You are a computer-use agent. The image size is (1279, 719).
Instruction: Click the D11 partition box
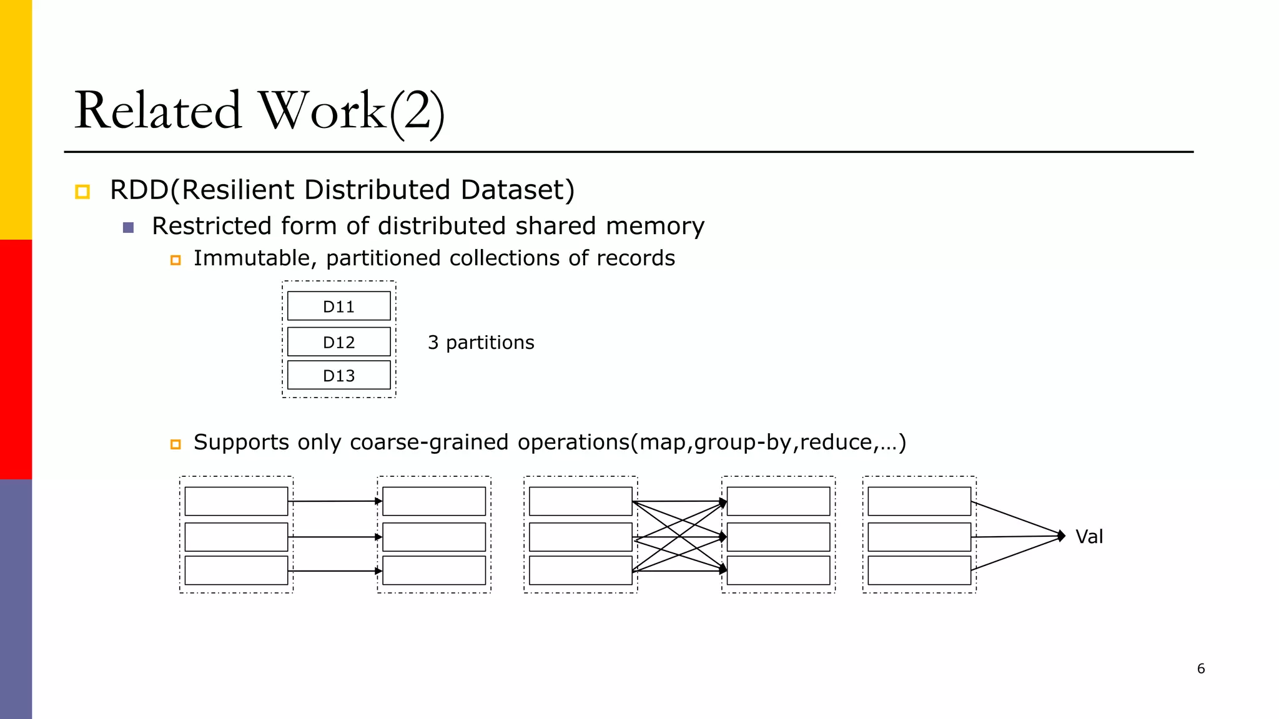pyautogui.click(x=338, y=306)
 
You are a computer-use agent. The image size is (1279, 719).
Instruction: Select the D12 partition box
pyautogui.click(x=338, y=342)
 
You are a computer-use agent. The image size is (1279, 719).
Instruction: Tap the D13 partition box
pyautogui.click(x=338, y=376)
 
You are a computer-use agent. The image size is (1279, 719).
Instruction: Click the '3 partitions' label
pyautogui.click(x=481, y=343)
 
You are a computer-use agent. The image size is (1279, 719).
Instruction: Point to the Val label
pyautogui.click(x=1089, y=537)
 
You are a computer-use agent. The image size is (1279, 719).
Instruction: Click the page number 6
pyautogui.click(x=1201, y=669)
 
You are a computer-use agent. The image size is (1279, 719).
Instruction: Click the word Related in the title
pyautogui.click(x=158, y=110)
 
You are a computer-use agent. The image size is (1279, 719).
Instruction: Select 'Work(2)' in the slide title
pyautogui.click(x=352, y=110)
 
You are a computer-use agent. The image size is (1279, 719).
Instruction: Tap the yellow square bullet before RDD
pyautogui.click(x=82, y=192)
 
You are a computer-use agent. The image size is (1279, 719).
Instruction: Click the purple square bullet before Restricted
pyautogui.click(x=129, y=228)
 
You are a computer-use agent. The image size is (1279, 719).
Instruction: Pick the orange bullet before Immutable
pyautogui.click(x=175, y=260)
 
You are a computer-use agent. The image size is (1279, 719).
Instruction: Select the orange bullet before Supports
pyautogui.click(x=175, y=444)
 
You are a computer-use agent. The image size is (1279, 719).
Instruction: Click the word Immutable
pyautogui.click(x=251, y=258)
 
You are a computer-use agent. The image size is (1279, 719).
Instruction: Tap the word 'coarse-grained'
pyautogui.click(x=430, y=442)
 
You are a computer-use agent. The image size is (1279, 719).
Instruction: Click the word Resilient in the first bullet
pyautogui.click(x=238, y=190)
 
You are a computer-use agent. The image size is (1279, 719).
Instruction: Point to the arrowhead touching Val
pyautogui.click(x=1061, y=536)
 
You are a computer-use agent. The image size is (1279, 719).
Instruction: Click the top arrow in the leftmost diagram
pyautogui.click(x=335, y=501)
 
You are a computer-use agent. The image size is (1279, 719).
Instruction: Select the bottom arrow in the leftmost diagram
pyautogui.click(x=335, y=571)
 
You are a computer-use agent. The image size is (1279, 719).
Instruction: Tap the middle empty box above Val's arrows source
pyautogui.click(x=919, y=537)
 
